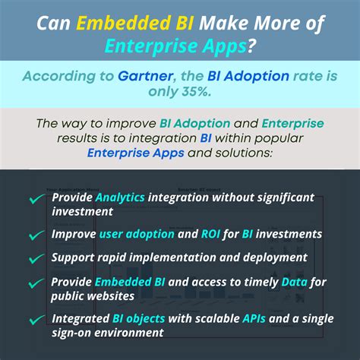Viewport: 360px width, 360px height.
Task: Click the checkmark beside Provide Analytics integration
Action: [x=36, y=200]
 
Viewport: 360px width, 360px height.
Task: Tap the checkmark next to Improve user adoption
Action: [x=36, y=235]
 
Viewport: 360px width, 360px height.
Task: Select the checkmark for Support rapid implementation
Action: [x=36, y=257]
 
